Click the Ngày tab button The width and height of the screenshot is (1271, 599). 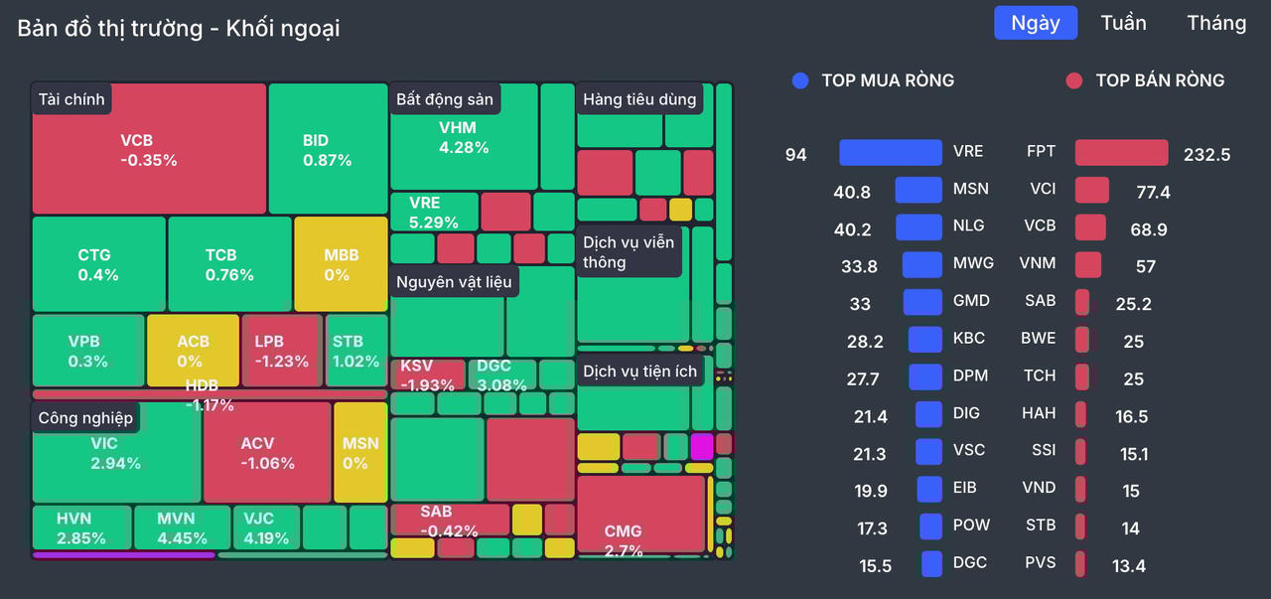pyautogui.click(x=1036, y=23)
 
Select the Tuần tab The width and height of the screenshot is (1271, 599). pyautogui.click(x=1123, y=23)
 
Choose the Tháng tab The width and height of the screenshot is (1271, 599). pyautogui.click(x=1216, y=23)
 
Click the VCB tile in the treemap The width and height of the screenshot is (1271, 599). pyautogui.click(x=149, y=149)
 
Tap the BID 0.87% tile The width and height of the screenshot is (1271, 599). pyautogui.click(x=328, y=149)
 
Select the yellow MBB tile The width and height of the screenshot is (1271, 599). pyautogui.click(x=341, y=263)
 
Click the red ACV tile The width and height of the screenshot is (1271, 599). pyautogui.click(x=267, y=453)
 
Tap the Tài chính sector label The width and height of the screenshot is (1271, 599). pyautogui.click(x=71, y=99)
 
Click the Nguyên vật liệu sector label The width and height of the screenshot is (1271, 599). pyautogui.click(x=454, y=282)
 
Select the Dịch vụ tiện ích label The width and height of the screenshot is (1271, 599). pyautogui.click(x=640, y=372)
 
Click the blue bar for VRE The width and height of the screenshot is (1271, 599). pyautogui.click(x=890, y=152)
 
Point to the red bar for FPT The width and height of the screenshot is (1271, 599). pyautogui.click(x=1121, y=153)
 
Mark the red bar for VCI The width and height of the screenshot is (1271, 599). pyautogui.click(x=1091, y=191)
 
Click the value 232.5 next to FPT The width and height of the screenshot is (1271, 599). pyautogui.click(x=1206, y=154)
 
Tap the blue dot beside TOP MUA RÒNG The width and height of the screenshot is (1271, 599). pyautogui.click(x=800, y=80)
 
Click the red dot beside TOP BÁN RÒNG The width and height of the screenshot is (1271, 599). pyautogui.click(x=1073, y=80)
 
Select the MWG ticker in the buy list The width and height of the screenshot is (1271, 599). pyautogui.click(x=972, y=263)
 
